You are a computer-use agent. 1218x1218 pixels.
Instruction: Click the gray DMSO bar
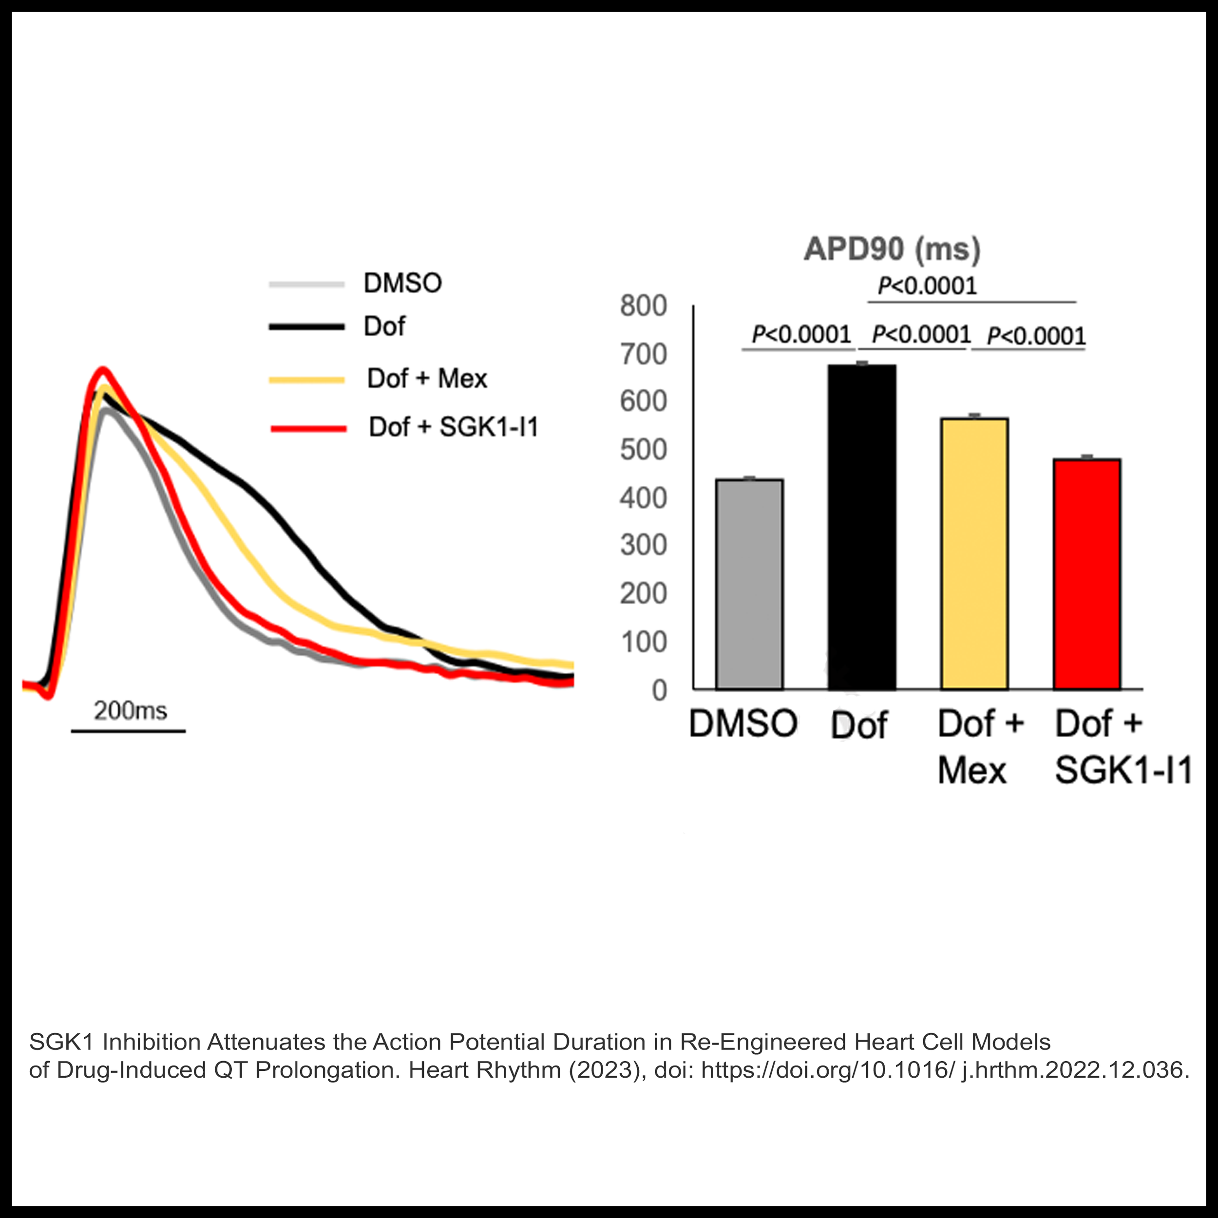pyautogui.click(x=749, y=584)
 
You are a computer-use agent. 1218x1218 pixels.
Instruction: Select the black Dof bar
pyautogui.click(x=862, y=526)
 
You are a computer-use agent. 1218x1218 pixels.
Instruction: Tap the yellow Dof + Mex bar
pyautogui.click(x=974, y=553)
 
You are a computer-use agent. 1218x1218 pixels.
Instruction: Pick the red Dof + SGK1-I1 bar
pyautogui.click(x=1086, y=574)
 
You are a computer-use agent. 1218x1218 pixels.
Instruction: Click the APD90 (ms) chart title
pyautogui.click(x=892, y=249)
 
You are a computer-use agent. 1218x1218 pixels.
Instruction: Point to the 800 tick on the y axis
pyautogui.click(x=643, y=306)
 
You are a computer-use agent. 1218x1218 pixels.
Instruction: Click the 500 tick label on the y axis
pyautogui.click(x=643, y=450)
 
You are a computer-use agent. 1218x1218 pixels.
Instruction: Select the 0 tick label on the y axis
pyautogui.click(x=659, y=690)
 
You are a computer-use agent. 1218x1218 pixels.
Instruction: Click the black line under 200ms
pyautogui.click(x=128, y=731)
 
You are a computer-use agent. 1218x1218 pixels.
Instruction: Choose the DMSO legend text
pyautogui.click(x=403, y=283)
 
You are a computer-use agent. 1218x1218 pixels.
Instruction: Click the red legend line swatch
pyautogui.click(x=308, y=429)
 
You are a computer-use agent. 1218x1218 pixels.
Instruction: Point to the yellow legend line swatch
pyautogui.click(x=307, y=380)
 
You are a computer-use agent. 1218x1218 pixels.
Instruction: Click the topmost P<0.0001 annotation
pyautogui.click(x=927, y=286)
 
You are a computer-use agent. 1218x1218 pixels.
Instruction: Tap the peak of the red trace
pyautogui.click(x=103, y=370)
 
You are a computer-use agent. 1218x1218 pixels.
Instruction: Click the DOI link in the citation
pyautogui.click(x=945, y=1070)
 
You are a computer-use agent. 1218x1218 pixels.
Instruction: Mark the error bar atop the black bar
pyautogui.click(x=862, y=363)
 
